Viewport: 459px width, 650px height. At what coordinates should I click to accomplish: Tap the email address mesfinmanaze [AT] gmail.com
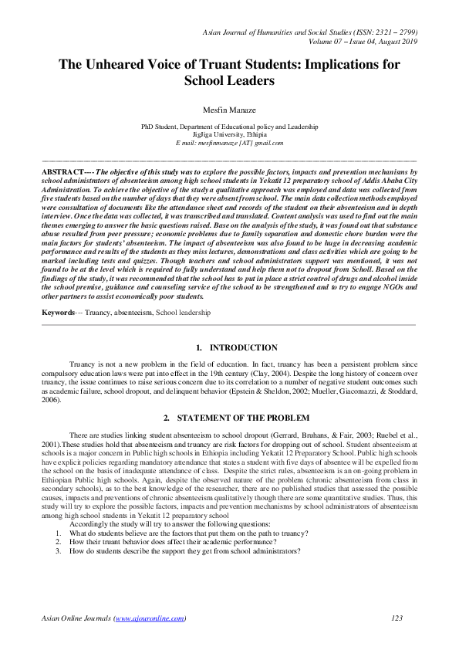230,143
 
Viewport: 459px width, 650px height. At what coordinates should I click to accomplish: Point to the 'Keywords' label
59,313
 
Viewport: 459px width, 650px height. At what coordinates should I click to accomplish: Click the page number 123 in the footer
398,618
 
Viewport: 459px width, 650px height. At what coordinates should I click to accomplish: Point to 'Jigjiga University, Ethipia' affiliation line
229,133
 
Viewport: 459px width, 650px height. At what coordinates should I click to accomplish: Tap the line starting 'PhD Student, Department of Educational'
229,124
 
